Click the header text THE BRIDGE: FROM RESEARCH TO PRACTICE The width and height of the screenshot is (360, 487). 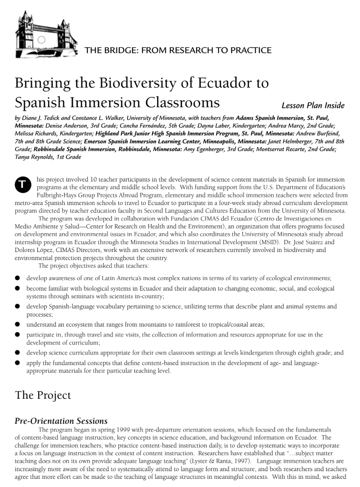pyautogui.click(x=178, y=50)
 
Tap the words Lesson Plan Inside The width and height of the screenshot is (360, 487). pyautogui.click(x=313, y=106)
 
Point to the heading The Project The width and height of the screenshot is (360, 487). pyautogui.click(x=43, y=395)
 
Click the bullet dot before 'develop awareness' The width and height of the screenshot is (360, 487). pyautogui.click(x=17, y=278)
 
